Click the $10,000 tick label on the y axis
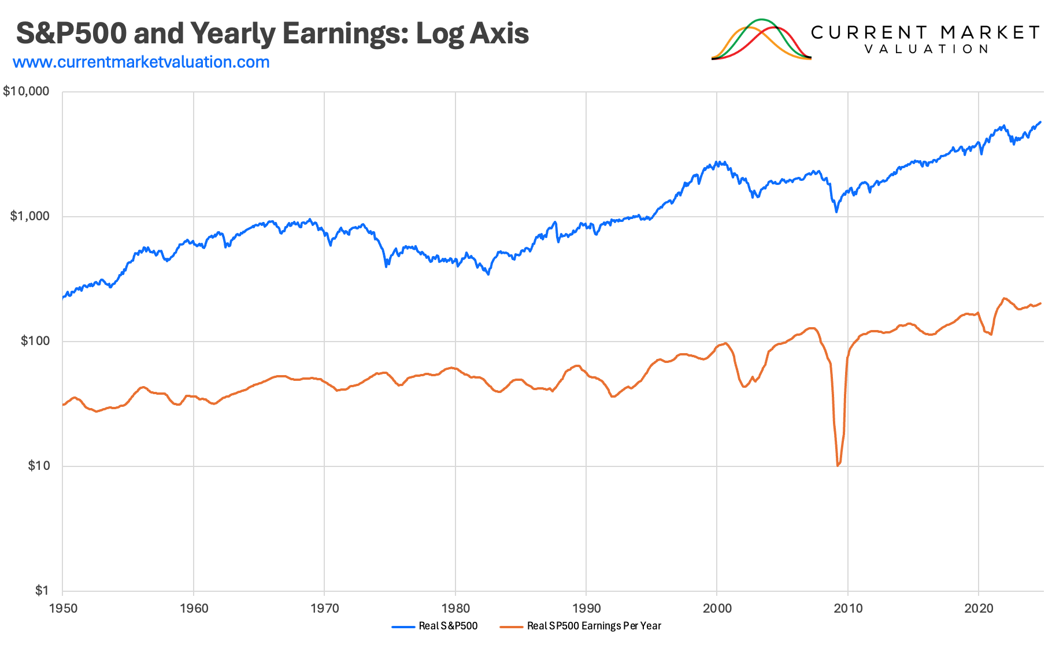[27, 91]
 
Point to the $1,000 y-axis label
[30, 216]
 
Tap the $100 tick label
[35, 341]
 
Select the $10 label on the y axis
[39, 466]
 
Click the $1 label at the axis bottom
[42, 591]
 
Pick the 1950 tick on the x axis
[62, 608]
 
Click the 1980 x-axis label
[455, 608]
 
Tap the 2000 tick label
[717, 608]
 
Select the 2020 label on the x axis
[979, 608]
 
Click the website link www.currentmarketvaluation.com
[141, 62]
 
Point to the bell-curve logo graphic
[761, 39]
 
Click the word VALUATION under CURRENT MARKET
[927, 49]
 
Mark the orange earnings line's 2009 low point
[838, 465]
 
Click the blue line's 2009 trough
[836, 212]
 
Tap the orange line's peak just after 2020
[1005, 298]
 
